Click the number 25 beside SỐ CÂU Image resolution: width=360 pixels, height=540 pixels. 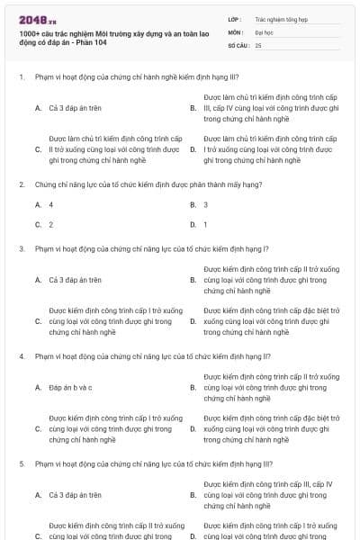(258, 44)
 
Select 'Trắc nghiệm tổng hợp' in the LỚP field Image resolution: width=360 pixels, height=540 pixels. (279, 18)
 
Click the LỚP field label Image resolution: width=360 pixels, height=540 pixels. (235, 18)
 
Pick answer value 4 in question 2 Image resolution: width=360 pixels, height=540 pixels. (51, 205)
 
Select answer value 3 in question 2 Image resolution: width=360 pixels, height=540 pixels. (206, 205)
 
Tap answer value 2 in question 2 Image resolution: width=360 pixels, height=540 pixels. (51, 224)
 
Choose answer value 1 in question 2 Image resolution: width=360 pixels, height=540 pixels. (206, 224)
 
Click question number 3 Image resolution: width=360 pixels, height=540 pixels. (21, 248)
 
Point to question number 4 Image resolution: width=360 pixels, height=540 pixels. (21, 355)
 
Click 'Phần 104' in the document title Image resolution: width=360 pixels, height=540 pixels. (94, 42)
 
